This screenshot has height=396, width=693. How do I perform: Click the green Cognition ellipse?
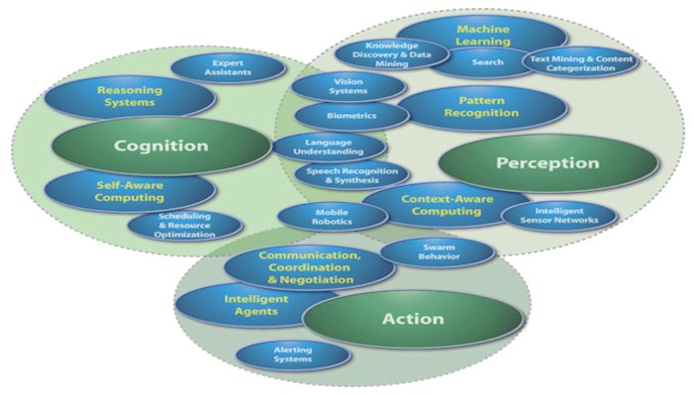coord(160,146)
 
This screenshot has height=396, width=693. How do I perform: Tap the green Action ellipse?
coord(412,320)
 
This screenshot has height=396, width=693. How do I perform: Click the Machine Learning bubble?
coord(482,35)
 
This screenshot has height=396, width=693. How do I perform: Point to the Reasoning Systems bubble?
coord(129,96)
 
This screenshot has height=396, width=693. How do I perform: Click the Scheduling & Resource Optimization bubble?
coord(184,226)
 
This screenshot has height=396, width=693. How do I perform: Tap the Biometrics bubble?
coord(350,115)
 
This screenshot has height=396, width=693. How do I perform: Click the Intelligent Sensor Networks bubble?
coord(559,215)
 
